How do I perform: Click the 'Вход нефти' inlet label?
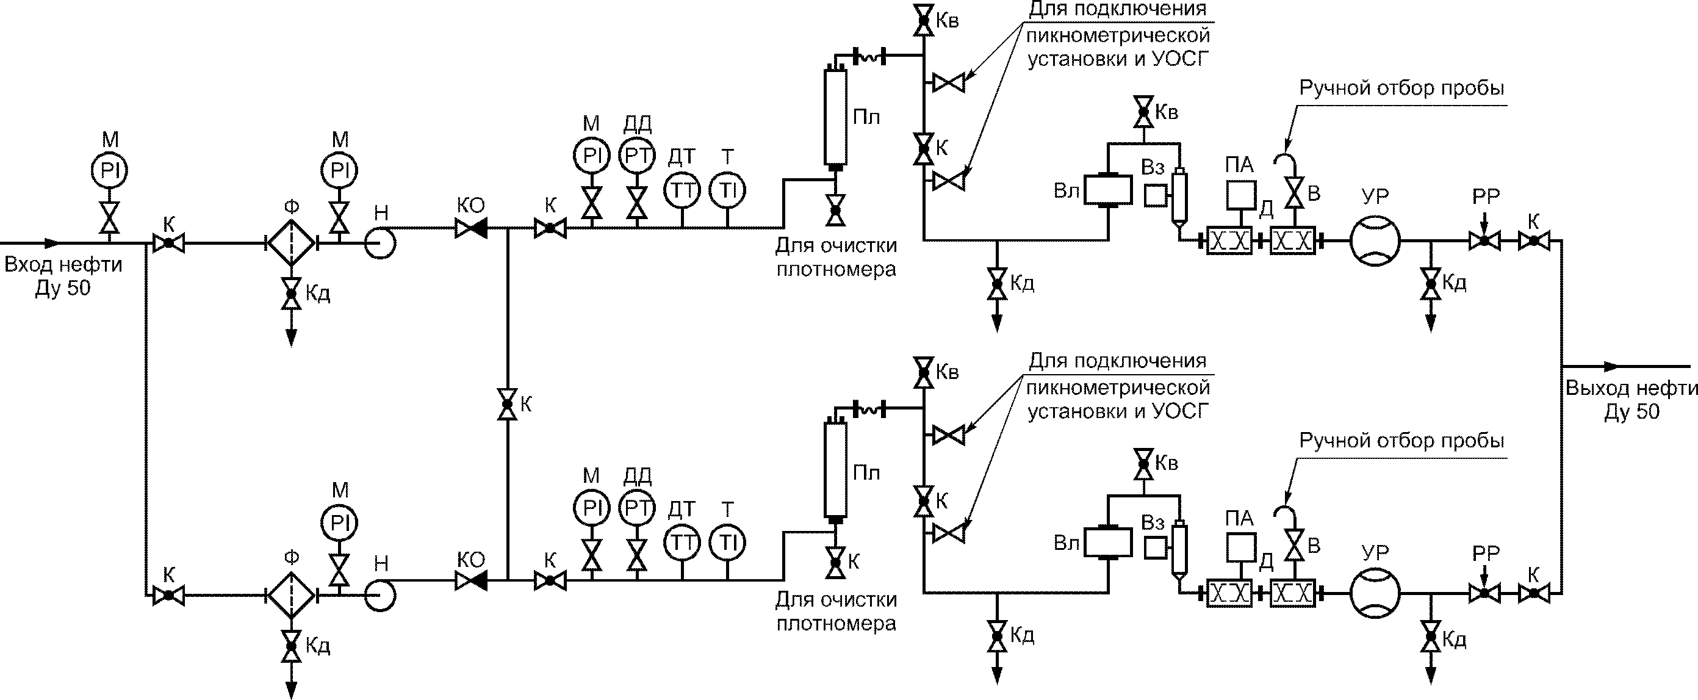pos(63,265)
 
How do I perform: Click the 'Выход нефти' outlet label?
pos(1631,388)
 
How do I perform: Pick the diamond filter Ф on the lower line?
pos(292,594)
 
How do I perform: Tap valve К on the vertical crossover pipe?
pos(507,403)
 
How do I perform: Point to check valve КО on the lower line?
pos(471,581)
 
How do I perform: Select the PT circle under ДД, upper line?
pos(638,156)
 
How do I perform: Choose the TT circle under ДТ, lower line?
pos(682,543)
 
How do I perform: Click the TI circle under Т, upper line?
pos(727,191)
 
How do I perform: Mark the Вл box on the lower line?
pos(1108,543)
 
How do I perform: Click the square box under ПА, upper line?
pos(1240,193)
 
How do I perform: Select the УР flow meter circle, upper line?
pos(1375,241)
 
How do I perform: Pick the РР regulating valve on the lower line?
pos(1484,593)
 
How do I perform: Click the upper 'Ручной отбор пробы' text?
pos(1401,88)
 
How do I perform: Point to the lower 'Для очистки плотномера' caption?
pos(836,611)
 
